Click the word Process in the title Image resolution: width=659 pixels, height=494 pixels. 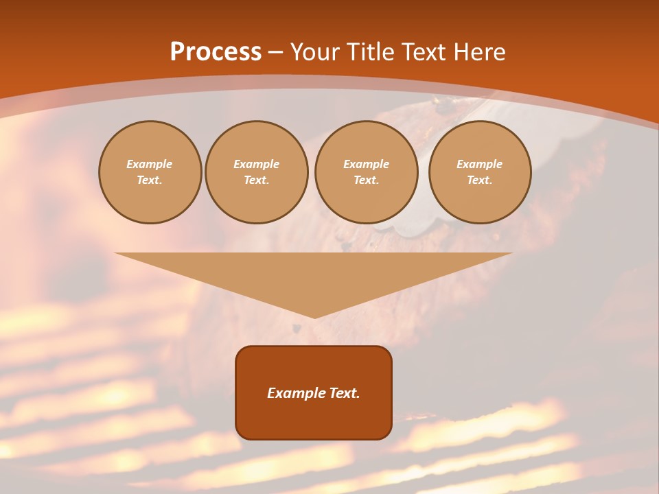(x=216, y=52)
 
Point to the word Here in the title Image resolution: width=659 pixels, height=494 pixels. (x=480, y=52)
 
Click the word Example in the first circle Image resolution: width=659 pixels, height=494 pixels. (x=150, y=164)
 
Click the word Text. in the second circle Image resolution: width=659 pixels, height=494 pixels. (x=257, y=180)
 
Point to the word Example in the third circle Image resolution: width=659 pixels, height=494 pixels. (x=367, y=164)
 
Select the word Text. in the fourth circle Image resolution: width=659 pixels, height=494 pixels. (x=480, y=180)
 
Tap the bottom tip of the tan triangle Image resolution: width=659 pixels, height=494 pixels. (x=314, y=318)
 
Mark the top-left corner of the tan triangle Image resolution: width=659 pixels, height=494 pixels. (x=115, y=253)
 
